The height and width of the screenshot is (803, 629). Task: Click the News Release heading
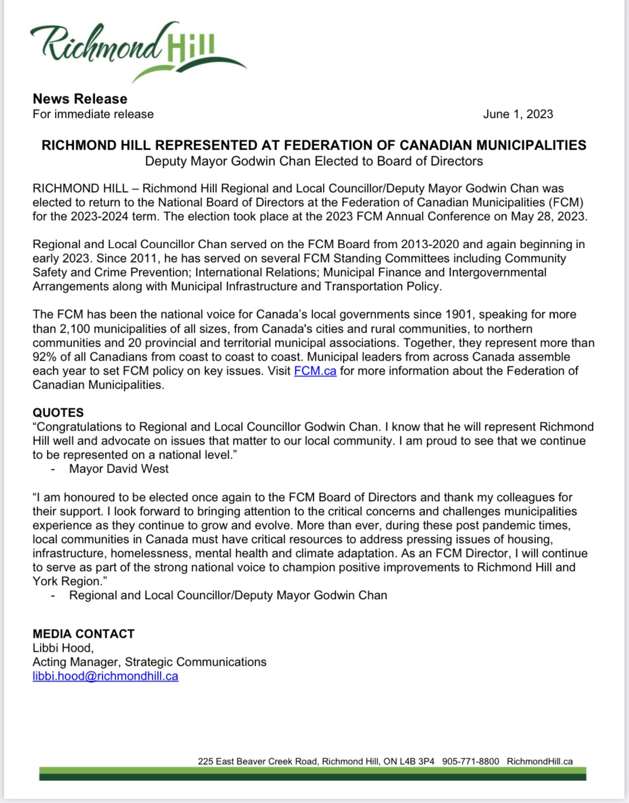[x=80, y=99]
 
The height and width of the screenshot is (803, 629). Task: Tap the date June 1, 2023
[x=518, y=114]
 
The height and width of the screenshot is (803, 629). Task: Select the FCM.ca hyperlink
[x=315, y=371]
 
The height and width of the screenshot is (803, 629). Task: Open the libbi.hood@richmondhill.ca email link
[x=105, y=676]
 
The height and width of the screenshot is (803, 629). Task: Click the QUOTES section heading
[x=58, y=413]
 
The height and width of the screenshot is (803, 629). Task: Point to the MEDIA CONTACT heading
[x=83, y=634]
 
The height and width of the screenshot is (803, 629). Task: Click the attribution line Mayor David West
[x=118, y=469]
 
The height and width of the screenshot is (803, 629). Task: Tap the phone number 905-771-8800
[x=470, y=762]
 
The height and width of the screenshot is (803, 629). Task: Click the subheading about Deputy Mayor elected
[x=314, y=161]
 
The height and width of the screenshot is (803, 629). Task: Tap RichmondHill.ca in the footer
[x=539, y=762]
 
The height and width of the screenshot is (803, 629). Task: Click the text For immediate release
[x=93, y=114]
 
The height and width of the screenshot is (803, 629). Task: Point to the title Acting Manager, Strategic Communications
[x=149, y=662]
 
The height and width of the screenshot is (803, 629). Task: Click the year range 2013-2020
[x=429, y=244]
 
